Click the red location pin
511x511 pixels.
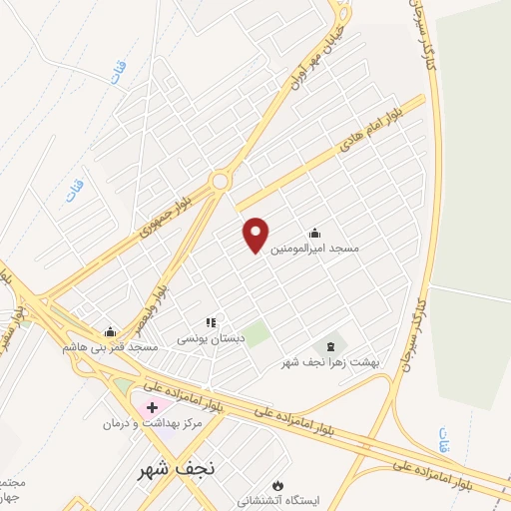[x=256, y=234]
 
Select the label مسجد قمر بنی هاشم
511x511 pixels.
[x=111, y=346]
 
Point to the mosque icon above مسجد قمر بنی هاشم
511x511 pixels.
[x=111, y=332]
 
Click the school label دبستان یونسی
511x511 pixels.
[x=210, y=338]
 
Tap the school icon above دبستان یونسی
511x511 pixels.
[x=210, y=323]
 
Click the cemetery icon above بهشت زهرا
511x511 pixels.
[x=331, y=344]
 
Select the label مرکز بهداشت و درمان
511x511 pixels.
[x=153, y=423]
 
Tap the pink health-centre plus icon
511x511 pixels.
[x=152, y=407]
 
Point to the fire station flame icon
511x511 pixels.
[x=289, y=484]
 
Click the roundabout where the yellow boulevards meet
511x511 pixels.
[x=220, y=181]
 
